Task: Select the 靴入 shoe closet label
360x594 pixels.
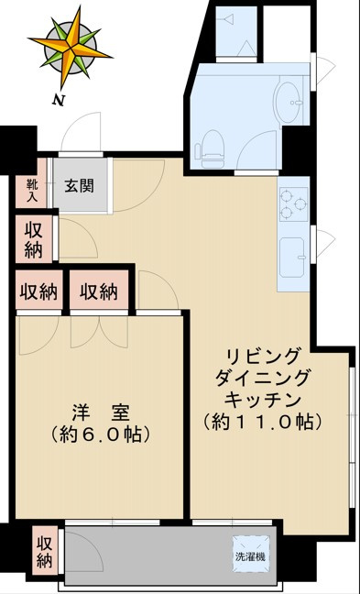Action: click(x=31, y=189)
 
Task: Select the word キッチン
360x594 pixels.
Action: click(x=261, y=400)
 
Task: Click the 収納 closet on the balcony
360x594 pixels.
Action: click(x=44, y=548)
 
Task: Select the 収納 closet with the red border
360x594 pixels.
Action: click(x=98, y=292)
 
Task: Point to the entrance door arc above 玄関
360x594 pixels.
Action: click(x=88, y=132)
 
